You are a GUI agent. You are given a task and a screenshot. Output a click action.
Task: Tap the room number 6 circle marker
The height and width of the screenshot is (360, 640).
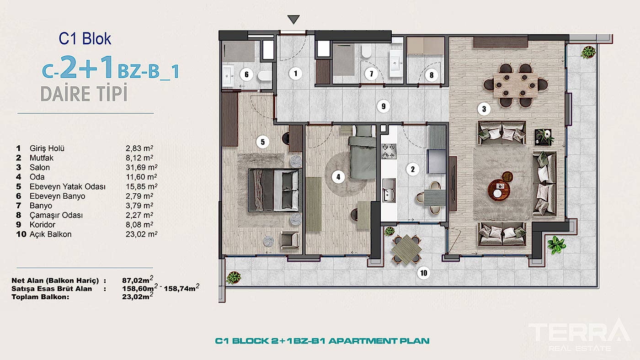click(x=245, y=74)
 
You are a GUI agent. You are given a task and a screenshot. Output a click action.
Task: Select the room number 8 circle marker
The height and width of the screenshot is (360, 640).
click(x=431, y=75)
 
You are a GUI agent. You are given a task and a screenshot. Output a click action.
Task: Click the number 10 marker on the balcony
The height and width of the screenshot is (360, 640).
click(x=424, y=273)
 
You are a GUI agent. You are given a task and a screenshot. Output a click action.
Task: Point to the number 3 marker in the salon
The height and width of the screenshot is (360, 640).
click(x=484, y=109)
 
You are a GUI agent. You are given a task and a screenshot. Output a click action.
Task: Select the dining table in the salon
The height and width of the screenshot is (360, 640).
click(x=517, y=85)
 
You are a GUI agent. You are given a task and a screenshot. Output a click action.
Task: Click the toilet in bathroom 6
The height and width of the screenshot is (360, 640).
click(x=264, y=76)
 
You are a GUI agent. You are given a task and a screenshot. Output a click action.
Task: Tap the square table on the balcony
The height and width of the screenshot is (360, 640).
click(x=406, y=249)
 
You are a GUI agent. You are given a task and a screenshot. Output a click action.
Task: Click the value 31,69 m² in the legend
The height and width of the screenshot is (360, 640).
click(x=139, y=168)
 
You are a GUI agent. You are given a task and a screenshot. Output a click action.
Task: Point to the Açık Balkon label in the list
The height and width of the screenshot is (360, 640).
click(x=50, y=234)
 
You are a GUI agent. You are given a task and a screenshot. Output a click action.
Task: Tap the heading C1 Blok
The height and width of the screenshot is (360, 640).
click(x=85, y=39)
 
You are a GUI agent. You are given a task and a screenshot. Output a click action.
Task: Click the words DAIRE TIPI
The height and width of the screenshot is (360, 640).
click(x=83, y=94)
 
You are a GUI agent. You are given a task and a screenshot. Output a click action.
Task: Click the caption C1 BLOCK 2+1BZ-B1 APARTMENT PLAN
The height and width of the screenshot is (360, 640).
click(x=322, y=341)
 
